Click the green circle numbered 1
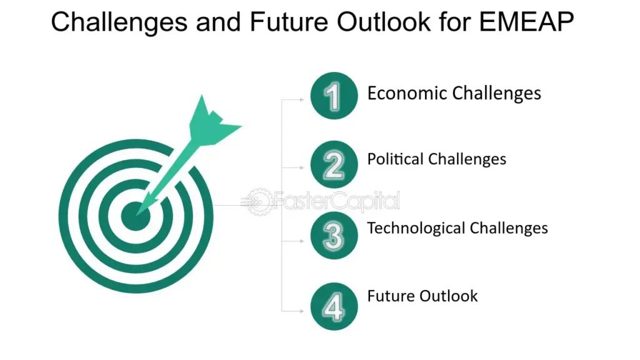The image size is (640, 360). click(x=334, y=96)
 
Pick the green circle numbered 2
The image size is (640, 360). click(x=334, y=164)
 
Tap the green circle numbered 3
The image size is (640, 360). click(x=334, y=235)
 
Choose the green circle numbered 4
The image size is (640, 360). click(x=334, y=306)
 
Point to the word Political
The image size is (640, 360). click(x=395, y=159)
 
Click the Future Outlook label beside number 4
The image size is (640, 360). click(x=422, y=296)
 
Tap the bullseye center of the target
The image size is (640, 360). click(x=136, y=216)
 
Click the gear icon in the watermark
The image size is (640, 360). click(x=258, y=201)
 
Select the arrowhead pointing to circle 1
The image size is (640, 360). click(x=302, y=99)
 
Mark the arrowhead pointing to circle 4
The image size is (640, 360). click(x=302, y=311)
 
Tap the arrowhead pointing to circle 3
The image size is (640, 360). click(x=302, y=241)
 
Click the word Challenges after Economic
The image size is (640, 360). click(x=497, y=94)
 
